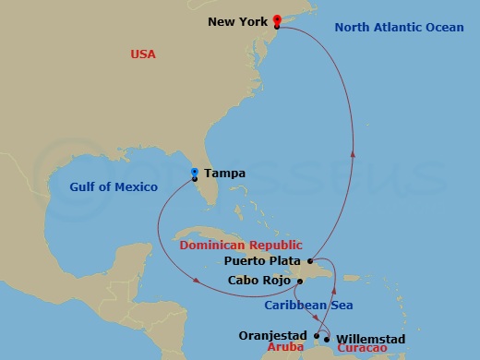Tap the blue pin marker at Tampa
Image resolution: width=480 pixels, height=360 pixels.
194,172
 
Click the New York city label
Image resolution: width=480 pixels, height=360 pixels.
238,21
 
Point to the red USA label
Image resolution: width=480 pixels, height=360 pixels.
143,55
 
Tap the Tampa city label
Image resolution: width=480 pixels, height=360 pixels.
224,173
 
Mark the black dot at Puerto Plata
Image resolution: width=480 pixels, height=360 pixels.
312,262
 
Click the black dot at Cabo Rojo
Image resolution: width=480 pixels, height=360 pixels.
301,281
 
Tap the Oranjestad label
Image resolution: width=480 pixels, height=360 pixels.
274,336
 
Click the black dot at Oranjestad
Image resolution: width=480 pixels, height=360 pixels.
317,336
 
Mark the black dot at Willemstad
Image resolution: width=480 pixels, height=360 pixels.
327,339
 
